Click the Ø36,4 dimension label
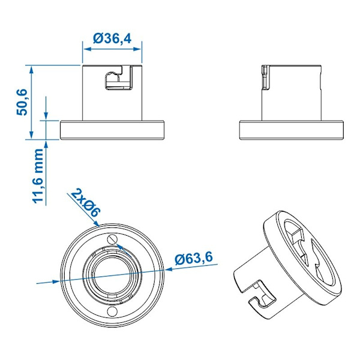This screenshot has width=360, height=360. [x=112, y=38]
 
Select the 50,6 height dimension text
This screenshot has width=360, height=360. [x=22, y=102]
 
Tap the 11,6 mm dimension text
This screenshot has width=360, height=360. [x=38, y=176]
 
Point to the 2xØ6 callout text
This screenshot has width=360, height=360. [x=86, y=203]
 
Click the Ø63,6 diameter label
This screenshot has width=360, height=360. [x=194, y=258]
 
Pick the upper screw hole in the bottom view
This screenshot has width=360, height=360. [x=113, y=239]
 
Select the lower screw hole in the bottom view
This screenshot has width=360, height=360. [x=113, y=311]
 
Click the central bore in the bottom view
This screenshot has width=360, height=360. [x=112, y=275]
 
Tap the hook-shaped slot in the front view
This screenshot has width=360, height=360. [x=119, y=78]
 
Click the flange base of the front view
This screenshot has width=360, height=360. [x=112, y=130]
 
